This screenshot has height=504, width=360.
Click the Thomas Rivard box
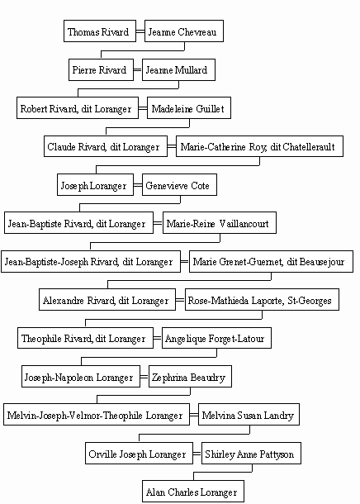[x=100, y=31]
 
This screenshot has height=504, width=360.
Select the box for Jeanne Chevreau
[x=184, y=31]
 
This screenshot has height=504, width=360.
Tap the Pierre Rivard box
[x=102, y=69]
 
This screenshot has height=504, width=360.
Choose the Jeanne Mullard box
[x=178, y=69]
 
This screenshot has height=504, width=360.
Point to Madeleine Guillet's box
[x=189, y=108]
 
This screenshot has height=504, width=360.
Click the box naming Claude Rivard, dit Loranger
[x=106, y=146]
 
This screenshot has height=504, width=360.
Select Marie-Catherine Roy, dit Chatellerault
[x=259, y=146]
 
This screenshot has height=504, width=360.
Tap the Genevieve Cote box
[x=179, y=185]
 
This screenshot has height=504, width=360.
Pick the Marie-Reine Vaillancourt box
[x=220, y=223]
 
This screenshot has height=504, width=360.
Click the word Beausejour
[x=322, y=262]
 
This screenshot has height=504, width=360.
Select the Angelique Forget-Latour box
[x=217, y=338]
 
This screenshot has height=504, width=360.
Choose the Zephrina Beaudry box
[x=190, y=377]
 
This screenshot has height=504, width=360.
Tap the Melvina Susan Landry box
[x=249, y=415]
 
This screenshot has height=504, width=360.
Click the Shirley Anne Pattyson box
[x=251, y=454]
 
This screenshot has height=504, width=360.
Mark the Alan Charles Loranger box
[x=193, y=491]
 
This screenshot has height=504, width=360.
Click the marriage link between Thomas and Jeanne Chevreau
[x=140, y=31]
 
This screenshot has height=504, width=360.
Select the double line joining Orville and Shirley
[x=197, y=454]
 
